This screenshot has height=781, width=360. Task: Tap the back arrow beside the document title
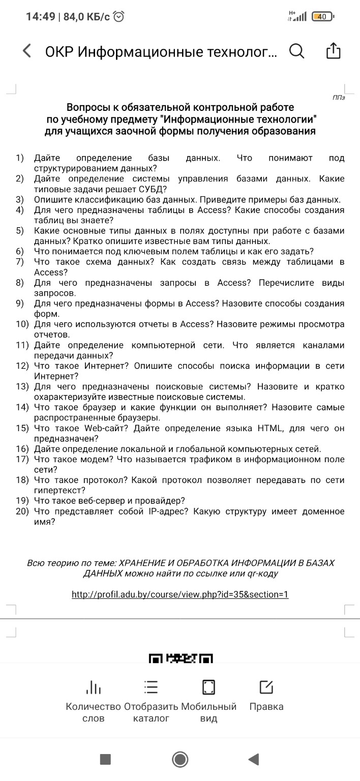click(x=27, y=51)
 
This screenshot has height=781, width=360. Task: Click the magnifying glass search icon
click(x=296, y=51)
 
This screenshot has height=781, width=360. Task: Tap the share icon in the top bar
click(x=333, y=51)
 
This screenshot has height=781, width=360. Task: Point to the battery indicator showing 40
click(x=322, y=17)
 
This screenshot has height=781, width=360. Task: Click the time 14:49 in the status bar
click(x=40, y=17)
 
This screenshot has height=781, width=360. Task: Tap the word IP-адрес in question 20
click(x=171, y=511)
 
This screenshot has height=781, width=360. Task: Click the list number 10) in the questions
click(x=23, y=324)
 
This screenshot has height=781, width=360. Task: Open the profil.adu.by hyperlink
click(x=180, y=594)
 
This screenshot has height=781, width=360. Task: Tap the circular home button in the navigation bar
click(x=180, y=745)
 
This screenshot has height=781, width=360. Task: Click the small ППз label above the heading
click(x=339, y=97)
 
